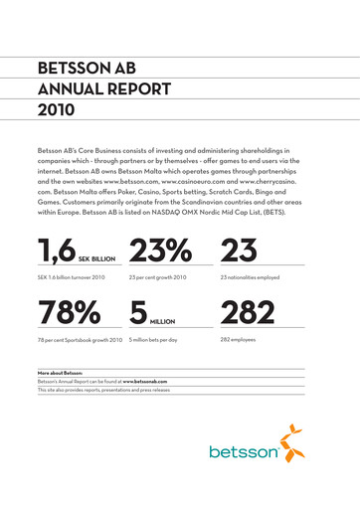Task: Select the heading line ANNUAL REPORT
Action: [98, 89]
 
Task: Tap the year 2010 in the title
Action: [56, 109]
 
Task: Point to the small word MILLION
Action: [165, 321]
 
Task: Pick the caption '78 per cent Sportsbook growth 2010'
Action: [81, 340]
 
